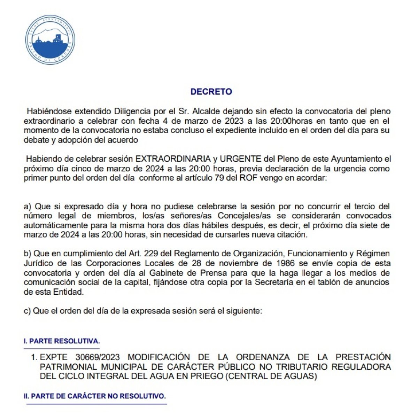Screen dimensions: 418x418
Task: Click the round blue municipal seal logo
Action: pyautogui.click(x=50, y=40)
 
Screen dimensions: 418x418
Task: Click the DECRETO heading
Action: pyautogui.click(x=211, y=92)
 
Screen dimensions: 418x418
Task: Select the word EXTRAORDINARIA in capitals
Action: pyautogui.click(x=173, y=159)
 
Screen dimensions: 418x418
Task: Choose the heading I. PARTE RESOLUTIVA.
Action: pyautogui.click(x=62, y=341)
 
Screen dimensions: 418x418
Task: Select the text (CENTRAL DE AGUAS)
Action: pyautogui.click(x=271, y=377)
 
